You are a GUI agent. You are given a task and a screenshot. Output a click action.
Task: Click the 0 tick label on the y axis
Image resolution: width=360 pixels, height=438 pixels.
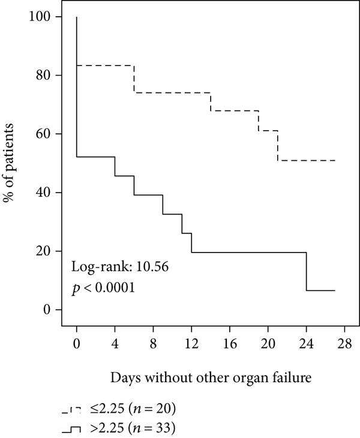(47, 310)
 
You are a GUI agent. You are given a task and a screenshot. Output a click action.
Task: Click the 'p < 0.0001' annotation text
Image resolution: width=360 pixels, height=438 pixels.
(103, 288)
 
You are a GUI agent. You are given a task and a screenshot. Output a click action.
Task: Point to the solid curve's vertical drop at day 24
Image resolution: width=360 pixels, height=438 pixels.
(307, 271)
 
